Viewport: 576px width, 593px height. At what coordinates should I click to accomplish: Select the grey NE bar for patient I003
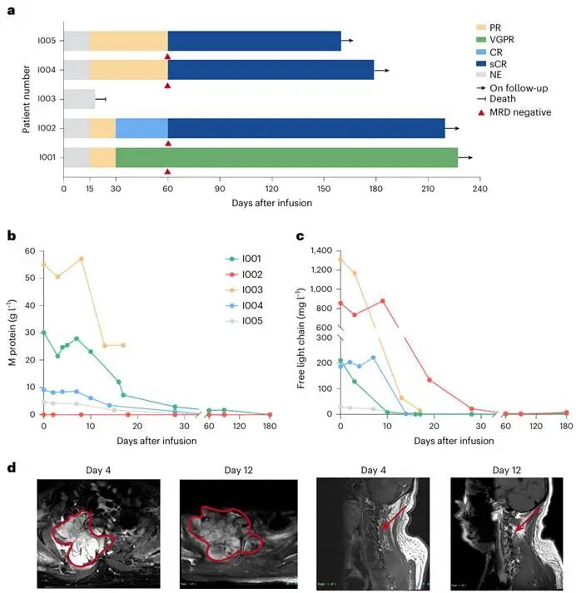(79, 99)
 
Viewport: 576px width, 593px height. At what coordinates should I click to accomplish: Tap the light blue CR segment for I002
(142, 128)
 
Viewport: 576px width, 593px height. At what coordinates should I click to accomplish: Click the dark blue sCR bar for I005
(254, 41)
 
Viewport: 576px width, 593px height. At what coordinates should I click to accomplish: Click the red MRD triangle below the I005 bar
(167, 57)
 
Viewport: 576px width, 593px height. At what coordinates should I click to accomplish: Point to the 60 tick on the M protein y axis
(32, 251)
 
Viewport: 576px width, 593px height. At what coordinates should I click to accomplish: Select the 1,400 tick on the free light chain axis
(320, 251)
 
